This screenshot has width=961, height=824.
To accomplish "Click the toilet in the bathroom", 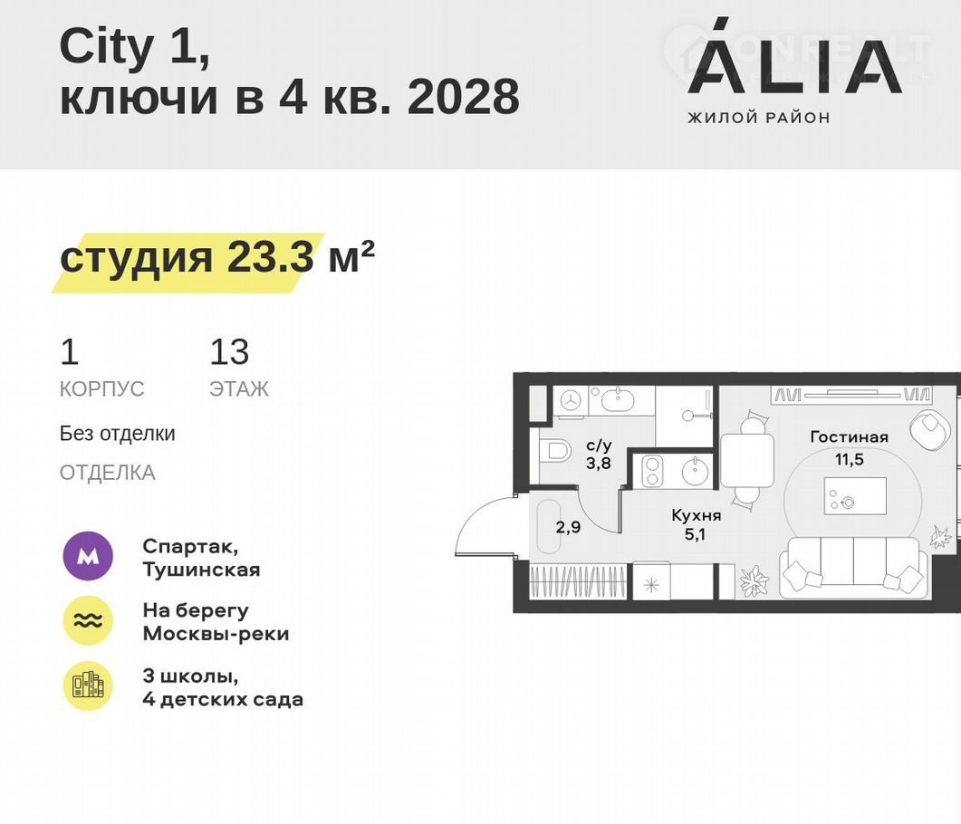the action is click(555, 453).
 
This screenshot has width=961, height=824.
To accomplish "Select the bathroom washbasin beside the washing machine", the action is click(620, 400).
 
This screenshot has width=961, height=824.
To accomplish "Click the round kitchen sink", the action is click(695, 471).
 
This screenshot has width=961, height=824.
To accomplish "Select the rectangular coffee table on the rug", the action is click(855, 495).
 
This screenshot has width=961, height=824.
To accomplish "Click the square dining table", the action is click(745, 460).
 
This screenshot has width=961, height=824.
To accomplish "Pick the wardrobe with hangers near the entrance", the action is click(578, 581).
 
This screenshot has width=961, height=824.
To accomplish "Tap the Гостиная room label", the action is click(849, 436).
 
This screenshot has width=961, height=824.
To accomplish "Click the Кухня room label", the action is click(697, 515).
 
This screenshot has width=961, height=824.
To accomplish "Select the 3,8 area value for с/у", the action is click(598, 463).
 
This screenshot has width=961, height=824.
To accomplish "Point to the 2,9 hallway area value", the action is click(568, 527).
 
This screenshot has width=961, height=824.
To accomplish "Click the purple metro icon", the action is click(88, 556).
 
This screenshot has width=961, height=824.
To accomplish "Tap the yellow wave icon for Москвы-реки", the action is click(88, 620).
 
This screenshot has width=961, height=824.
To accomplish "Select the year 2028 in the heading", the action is click(464, 96).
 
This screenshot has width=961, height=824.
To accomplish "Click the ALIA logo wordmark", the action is click(795, 62).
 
